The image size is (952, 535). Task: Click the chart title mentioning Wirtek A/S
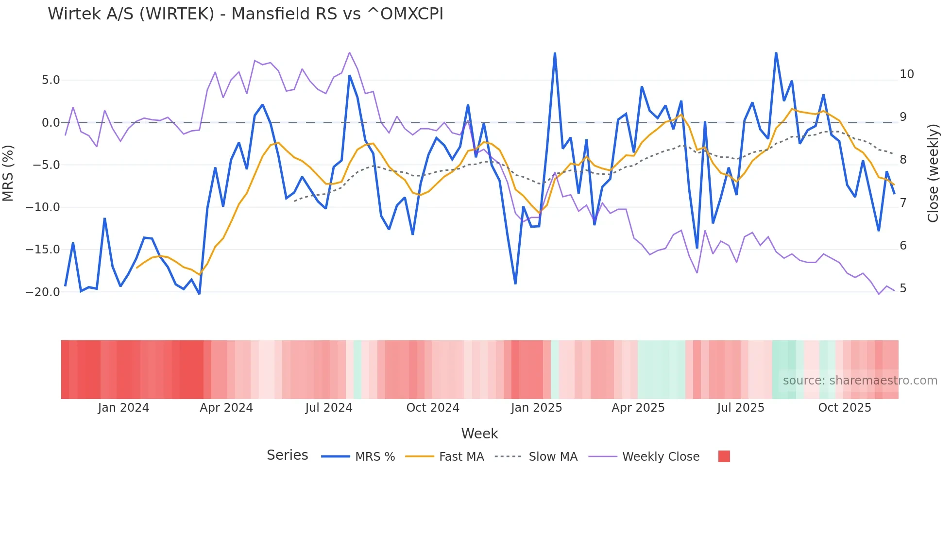click(245, 14)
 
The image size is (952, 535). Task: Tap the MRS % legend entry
click(374, 457)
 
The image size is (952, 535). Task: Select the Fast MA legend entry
click(461, 457)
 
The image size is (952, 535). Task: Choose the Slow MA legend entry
click(553, 457)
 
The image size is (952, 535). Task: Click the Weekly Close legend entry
click(661, 457)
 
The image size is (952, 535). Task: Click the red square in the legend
click(724, 456)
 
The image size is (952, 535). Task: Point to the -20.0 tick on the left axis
click(43, 292)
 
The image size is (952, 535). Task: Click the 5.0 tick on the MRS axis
click(51, 80)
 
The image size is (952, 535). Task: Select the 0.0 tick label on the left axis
click(51, 123)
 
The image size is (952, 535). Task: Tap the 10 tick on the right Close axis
click(906, 74)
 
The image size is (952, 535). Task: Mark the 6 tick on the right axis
click(903, 246)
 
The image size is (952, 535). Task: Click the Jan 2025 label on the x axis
click(536, 408)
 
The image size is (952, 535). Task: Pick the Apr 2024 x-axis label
click(226, 408)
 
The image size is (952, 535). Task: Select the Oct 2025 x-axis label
click(845, 408)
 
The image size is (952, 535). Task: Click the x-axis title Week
click(479, 434)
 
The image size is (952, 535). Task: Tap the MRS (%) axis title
click(8, 173)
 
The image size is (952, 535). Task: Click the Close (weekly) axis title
click(933, 173)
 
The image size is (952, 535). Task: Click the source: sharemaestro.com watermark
click(860, 381)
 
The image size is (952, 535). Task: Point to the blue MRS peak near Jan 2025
click(555, 53)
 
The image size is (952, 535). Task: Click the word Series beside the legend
click(287, 455)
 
